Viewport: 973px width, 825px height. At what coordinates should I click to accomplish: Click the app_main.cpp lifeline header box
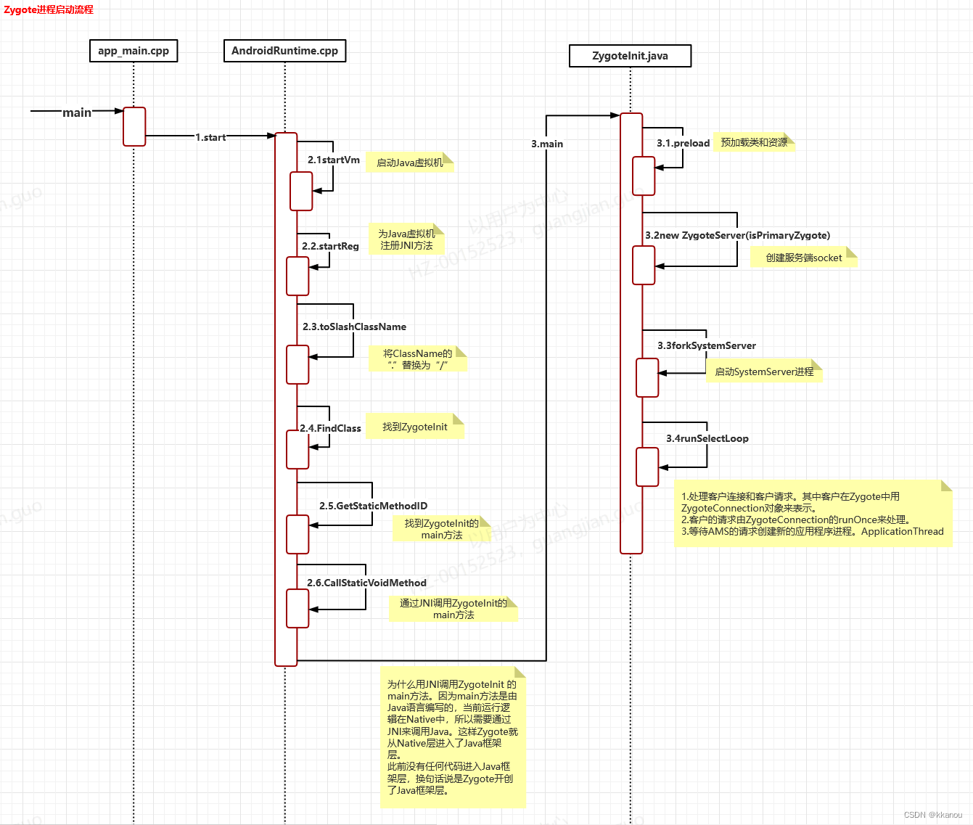coord(134,51)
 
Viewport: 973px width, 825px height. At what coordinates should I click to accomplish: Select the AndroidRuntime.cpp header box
coord(284,51)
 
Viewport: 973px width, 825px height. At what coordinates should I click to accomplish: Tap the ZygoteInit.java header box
coord(630,56)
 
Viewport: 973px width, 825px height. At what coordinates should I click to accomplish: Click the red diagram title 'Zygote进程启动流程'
coord(49,9)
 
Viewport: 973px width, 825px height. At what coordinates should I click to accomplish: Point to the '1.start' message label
coord(210,137)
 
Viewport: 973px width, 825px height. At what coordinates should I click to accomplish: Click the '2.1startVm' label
coord(334,160)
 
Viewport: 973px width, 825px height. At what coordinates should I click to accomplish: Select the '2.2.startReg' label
coord(330,246)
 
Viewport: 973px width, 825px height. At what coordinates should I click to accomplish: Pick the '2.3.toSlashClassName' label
coord(354,327)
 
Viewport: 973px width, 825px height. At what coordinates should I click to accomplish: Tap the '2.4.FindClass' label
coord(331,428)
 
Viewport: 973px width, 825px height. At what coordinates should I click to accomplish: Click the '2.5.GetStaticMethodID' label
coord(373,506)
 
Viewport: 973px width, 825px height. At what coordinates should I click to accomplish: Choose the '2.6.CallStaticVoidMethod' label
coord(366,583)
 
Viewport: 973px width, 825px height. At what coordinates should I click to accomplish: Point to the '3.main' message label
coord(547,144)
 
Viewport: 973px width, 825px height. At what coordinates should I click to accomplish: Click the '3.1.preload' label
coord(683,143)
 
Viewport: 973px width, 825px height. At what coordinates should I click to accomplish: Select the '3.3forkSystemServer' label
coord(707,345)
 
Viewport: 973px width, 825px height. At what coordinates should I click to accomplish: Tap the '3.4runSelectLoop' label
coord(707,438)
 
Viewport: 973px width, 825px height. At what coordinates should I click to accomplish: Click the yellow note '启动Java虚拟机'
coord(410,163)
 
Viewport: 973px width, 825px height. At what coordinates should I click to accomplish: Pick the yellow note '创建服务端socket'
coord(804,258)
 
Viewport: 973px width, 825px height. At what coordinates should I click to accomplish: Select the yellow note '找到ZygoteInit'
coord(415,427)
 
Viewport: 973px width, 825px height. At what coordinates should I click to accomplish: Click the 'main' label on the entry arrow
coord(77,112)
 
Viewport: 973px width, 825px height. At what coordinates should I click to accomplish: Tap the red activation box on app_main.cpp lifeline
coord(134,126)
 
